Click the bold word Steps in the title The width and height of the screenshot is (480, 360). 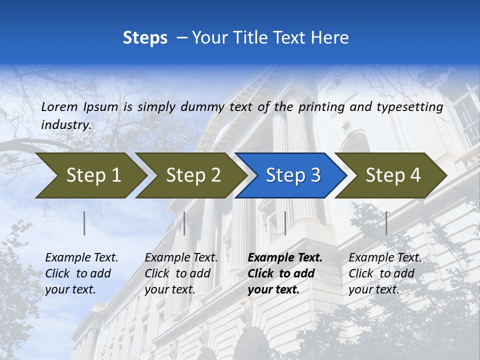pos(145,38)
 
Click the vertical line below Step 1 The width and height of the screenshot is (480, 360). pos(84,223)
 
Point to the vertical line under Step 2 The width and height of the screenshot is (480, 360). pos(184,223)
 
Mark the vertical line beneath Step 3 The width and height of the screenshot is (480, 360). pos(285,223)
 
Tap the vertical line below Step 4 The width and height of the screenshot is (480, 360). pos(386,223)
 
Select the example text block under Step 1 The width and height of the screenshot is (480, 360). pos(81,273)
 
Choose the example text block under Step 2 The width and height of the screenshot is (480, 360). pos(181,273)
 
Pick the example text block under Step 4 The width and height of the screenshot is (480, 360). pos(385,273)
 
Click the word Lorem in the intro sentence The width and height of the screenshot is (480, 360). pos(59,106)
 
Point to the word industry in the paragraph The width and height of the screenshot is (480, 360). pos(66,125)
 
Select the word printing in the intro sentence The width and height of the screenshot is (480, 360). pos(322,107)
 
